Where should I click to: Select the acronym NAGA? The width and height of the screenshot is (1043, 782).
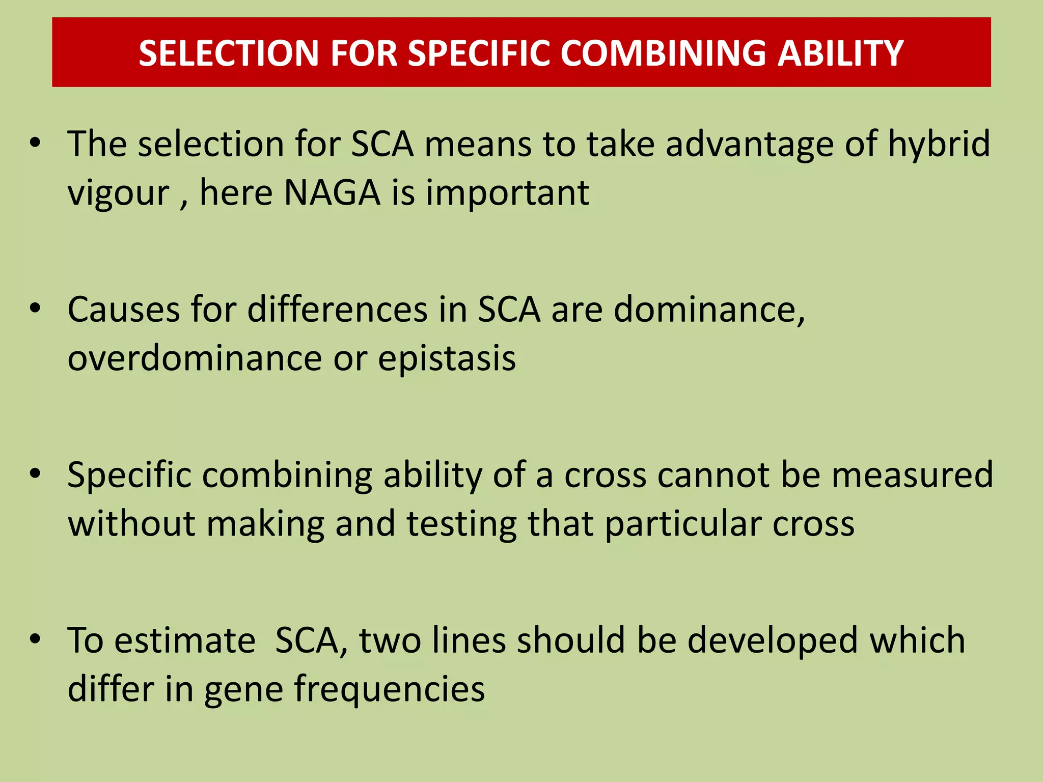tap(332, 192)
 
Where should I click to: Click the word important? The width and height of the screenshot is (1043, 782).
tap(507, 192)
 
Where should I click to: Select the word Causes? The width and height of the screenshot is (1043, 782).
tap(124, 310)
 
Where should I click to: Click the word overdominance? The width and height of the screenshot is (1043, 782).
tap(195, 358)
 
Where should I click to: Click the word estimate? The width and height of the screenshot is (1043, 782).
tap(184, 640)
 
